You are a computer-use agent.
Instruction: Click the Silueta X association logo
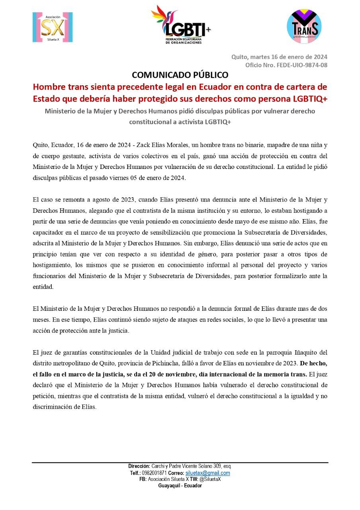53,27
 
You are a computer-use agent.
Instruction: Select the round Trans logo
304,26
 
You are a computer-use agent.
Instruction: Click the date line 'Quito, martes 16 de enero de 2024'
279,57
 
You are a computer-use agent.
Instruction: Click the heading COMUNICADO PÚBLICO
180,75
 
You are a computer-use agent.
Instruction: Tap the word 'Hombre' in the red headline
48,86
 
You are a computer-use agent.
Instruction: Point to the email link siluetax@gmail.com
207,473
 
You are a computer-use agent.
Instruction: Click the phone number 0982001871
155,473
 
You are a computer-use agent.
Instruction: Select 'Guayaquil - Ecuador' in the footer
180,486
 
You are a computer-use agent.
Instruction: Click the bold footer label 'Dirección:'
139,466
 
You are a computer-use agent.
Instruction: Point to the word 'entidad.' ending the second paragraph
41,286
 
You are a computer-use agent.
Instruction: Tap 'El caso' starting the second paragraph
43,199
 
